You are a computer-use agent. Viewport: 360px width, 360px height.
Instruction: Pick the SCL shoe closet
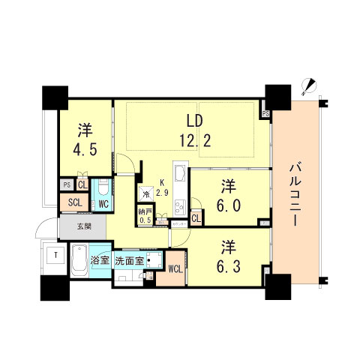point(74,202)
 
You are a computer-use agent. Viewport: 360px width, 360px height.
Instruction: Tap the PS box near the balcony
point(265,114)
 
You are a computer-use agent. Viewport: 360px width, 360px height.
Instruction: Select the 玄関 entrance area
point(83,226)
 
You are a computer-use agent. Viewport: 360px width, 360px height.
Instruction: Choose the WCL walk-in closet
point(174,268)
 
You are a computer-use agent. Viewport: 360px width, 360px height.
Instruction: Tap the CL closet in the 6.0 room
point(195,218)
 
